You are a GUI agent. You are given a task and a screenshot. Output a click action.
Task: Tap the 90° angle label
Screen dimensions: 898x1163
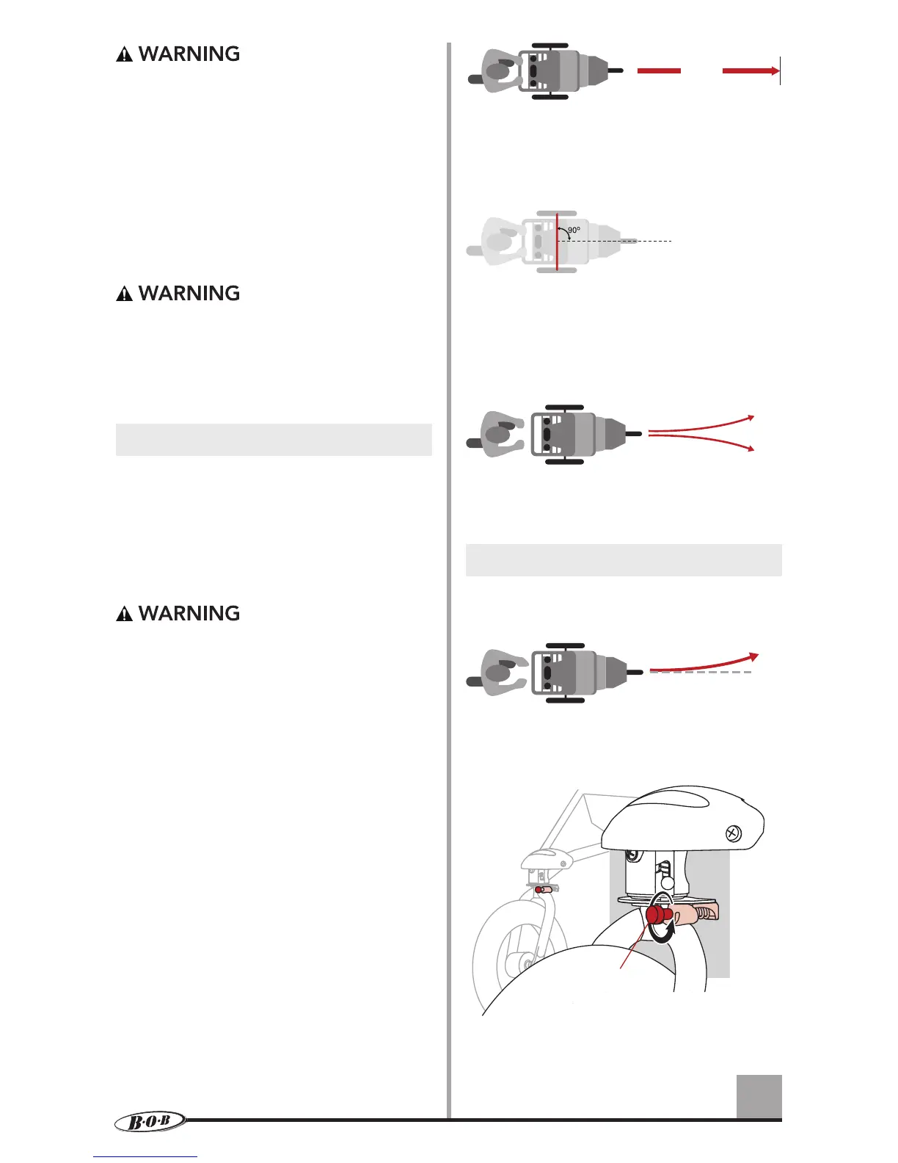tap(574, 230)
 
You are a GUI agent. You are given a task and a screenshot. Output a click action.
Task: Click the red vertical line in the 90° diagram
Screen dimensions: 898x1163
tap(557, 242)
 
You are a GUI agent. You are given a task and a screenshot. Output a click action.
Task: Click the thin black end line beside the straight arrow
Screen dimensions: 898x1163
tap(780, 70)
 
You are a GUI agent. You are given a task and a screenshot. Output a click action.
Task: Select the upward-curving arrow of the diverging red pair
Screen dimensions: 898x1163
tap(704, 424)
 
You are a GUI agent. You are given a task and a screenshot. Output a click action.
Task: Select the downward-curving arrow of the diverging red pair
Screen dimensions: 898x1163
tap(704, 441)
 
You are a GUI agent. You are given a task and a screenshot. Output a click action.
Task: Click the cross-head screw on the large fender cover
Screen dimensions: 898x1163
tap(732, 833)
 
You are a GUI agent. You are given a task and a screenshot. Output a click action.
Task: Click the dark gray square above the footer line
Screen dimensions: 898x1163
tap(759, 1096)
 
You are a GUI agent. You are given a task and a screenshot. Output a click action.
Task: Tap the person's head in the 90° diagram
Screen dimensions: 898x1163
tap(499, 241)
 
